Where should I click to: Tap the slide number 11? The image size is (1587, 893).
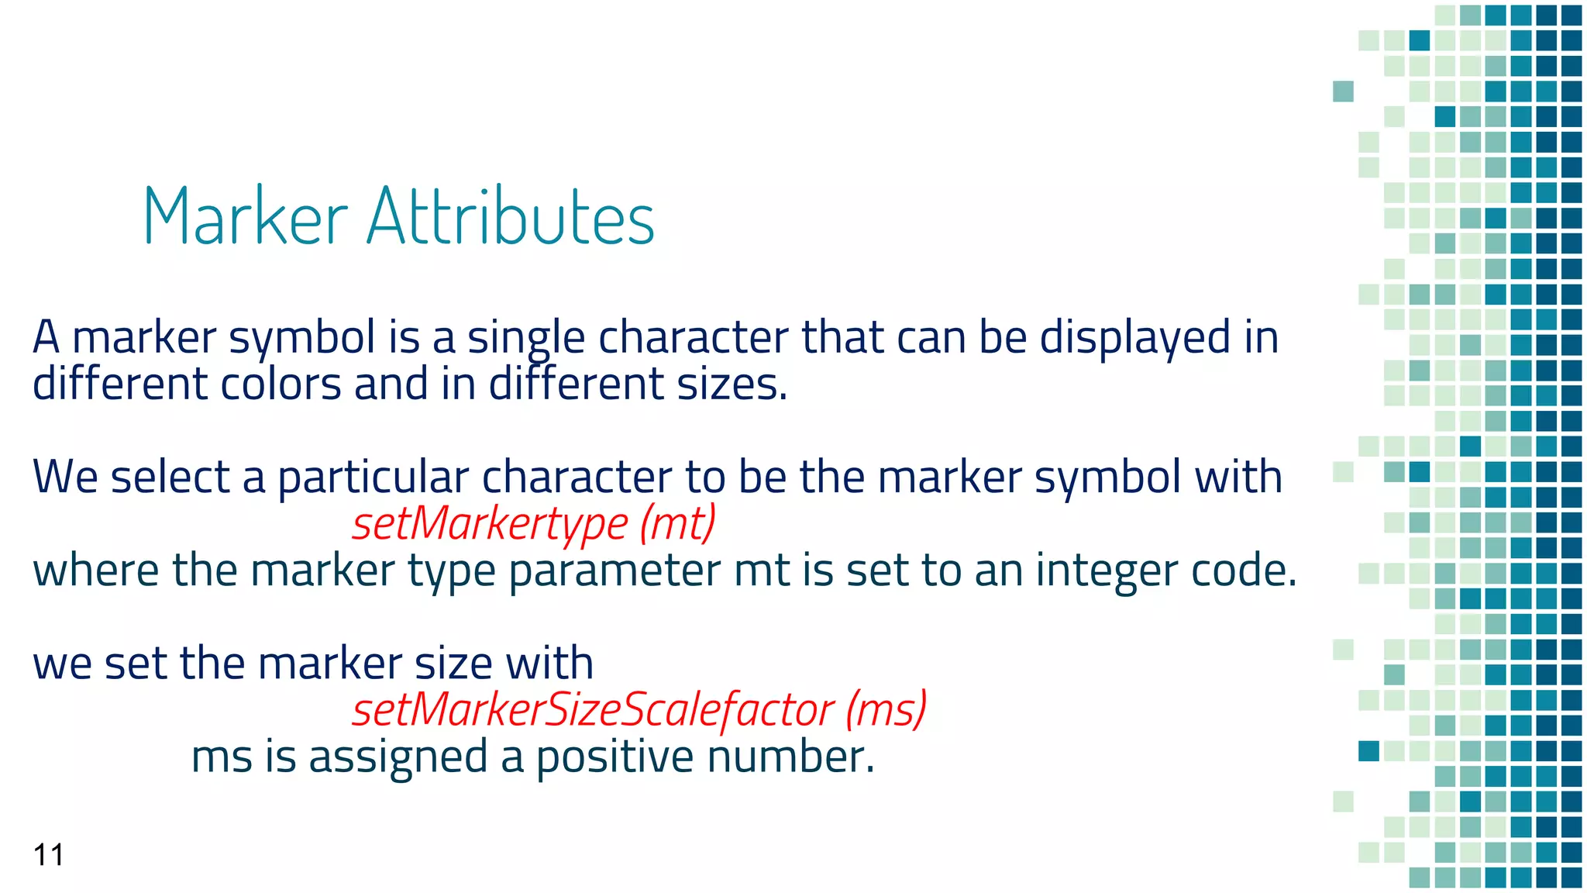coord(48,855)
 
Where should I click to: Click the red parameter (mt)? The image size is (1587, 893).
coord(678,524)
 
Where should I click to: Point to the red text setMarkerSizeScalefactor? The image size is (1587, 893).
coord(593,710)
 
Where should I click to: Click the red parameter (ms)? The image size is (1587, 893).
coord(886,710)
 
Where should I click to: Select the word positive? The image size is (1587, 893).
coord(608,757)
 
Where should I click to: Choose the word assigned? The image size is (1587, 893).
coord(398,757)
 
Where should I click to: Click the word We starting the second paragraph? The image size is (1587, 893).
coord(65,478)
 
